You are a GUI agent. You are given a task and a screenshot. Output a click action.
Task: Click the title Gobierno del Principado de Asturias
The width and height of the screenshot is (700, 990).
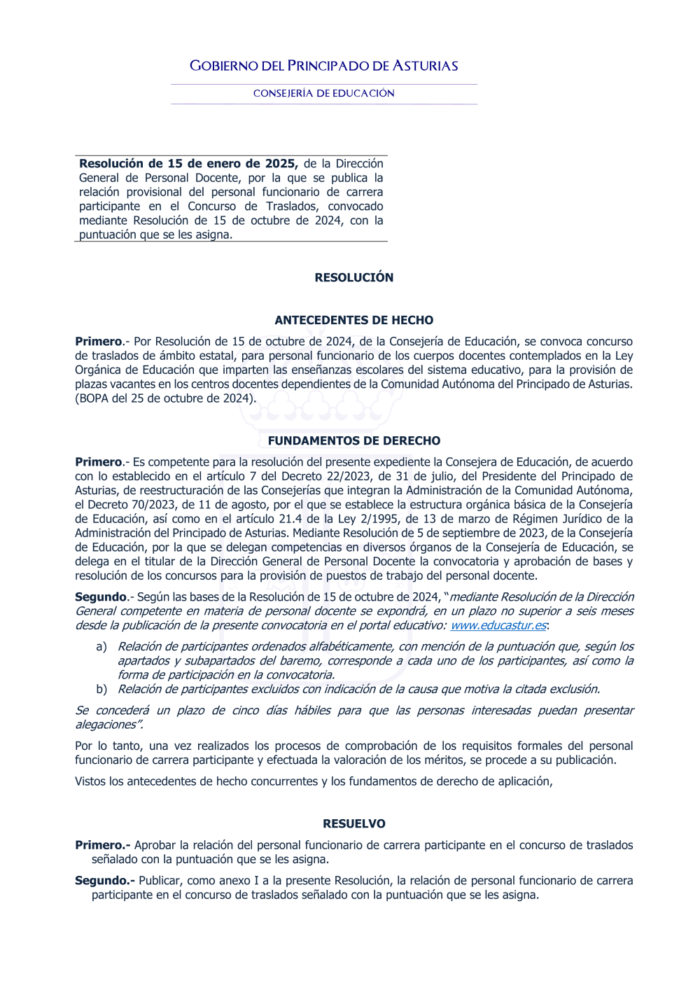click(323, 66)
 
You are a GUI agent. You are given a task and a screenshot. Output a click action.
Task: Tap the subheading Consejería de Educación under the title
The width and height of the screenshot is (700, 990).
click(323, 93)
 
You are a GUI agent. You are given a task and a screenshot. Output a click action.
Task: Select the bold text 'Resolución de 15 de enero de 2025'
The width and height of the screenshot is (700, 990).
click(188, 164)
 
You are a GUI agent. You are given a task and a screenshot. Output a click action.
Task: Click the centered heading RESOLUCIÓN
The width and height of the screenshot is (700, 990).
click(353, 277)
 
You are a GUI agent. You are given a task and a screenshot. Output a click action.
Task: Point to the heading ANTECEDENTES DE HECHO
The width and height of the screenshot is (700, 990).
click(353, 320)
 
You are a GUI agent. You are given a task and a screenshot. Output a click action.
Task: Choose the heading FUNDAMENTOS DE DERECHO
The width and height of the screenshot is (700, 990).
click(353, 440)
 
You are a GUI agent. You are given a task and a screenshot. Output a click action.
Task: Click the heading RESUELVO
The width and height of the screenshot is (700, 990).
click(353, 823)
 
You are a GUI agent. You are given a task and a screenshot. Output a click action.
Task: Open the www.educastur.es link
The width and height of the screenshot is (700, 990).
click(498, 625)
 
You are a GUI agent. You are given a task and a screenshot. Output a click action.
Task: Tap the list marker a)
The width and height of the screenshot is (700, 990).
click(101, 646)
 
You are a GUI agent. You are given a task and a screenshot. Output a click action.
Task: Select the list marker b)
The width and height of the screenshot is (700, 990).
click(101, 689)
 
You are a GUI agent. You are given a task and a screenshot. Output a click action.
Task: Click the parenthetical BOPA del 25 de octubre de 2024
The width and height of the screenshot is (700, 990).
click(165, 398)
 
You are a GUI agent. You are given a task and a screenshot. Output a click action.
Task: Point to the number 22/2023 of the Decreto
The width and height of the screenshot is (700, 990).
click(350, 476)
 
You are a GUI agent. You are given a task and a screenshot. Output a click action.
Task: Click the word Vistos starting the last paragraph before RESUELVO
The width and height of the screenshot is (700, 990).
click(90, 781)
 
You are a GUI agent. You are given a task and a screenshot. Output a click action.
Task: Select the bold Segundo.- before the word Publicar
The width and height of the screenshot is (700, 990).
click(104, 880)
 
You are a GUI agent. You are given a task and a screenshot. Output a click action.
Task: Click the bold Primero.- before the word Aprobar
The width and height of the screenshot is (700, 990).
click(102, 845)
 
